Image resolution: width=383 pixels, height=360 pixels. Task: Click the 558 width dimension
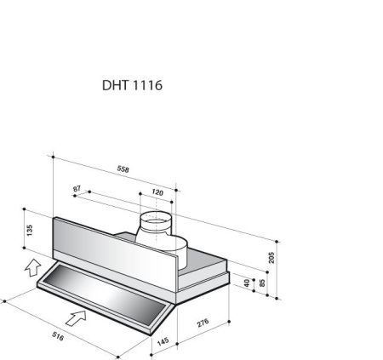pos(123,169)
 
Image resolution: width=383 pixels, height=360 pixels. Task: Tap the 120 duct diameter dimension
pos(157,193)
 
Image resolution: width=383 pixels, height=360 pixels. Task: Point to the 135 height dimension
pos(30,229)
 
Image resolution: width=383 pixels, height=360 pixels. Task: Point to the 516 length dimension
pos(58,336)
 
